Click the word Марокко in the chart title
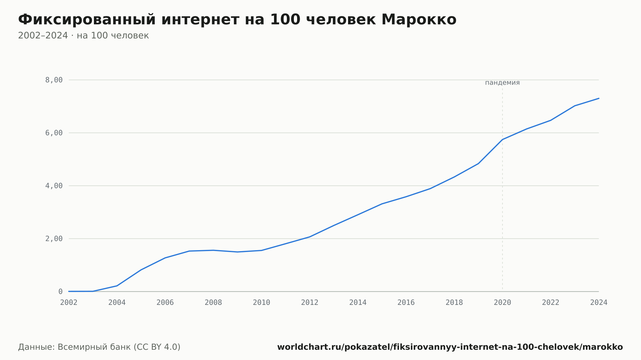point(419,20)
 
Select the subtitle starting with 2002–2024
point(83,36)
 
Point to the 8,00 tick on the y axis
point(54,80)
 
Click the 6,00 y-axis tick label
point(54,133)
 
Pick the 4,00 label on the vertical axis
point(54,186)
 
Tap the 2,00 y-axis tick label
point(54,239)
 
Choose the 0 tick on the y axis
point(60,291)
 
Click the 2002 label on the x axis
point(69,303)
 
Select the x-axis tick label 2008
point(213,303)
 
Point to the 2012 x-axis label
point(310,303)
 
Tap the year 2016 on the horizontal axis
point(406,303)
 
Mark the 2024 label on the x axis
point(599,303)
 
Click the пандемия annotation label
point(502,83)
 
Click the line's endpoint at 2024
point(599,98)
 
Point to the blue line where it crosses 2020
point(502,140)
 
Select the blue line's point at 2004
point(117,286)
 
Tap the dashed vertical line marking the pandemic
point(502,189)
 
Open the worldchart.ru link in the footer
point(450,347)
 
